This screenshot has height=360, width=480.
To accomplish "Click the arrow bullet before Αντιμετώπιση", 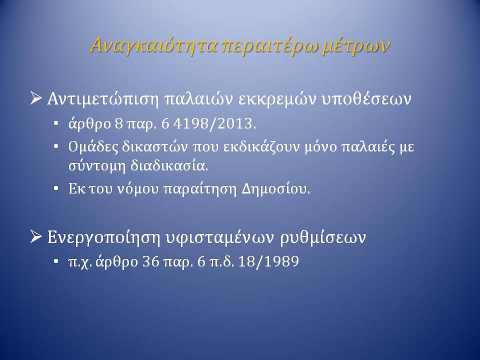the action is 36,98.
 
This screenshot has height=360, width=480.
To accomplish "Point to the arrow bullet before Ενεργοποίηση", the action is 36,237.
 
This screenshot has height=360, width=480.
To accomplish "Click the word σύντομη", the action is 97,166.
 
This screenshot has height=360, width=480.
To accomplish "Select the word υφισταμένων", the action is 219,237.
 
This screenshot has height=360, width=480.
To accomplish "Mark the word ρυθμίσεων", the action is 322,237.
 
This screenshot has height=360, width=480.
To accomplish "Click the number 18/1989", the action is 268,261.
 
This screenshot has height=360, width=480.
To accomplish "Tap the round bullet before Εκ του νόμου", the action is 55,189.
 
